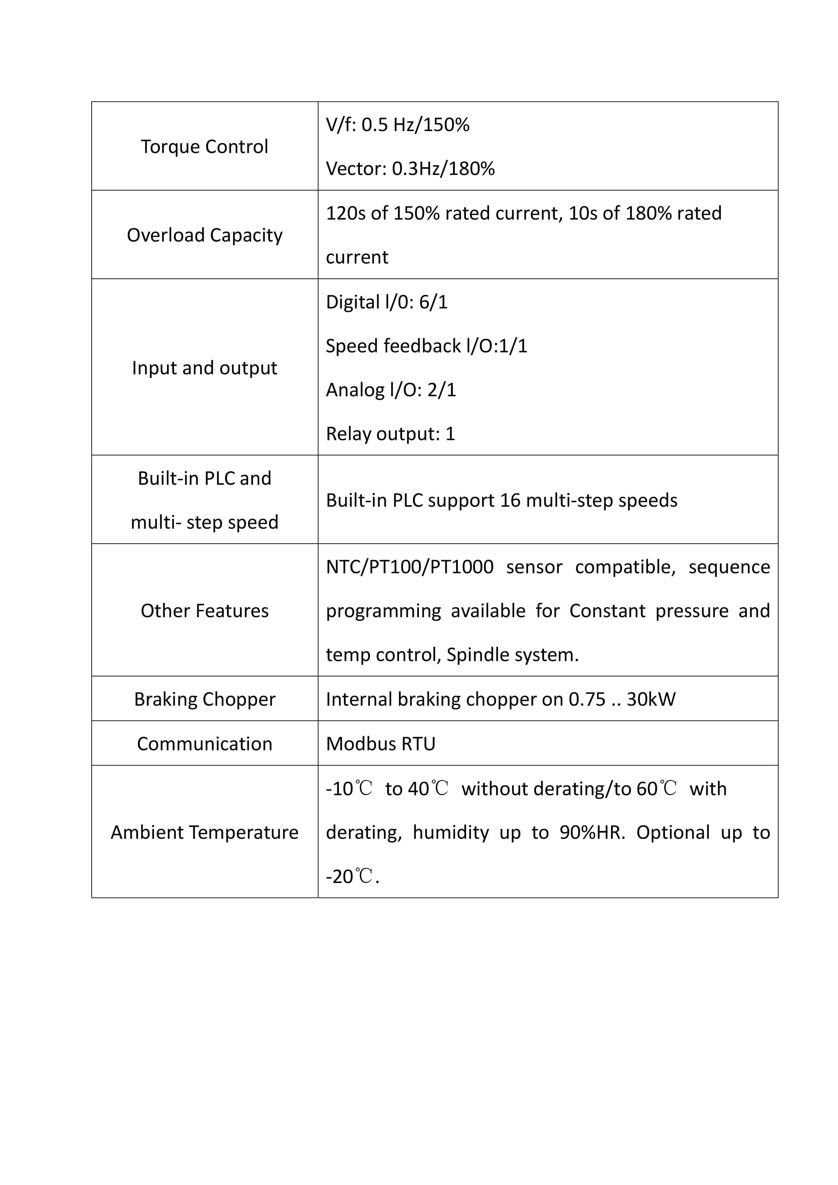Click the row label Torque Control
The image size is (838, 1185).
pyautogui.click(x=204, y=147)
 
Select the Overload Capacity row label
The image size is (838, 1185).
pyautogui.click(x=204, y=235)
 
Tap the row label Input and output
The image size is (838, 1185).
pyautogui.click(x=204, y=368)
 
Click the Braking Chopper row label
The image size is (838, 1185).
pyautogui.click(x=204, y=699)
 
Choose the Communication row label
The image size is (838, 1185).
pyautogui.click(x=204, y=744)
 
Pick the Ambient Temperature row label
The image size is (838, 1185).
pyautogui.click(x=204, y=832)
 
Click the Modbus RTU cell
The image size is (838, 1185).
pyautogui.click(x=380, y=744)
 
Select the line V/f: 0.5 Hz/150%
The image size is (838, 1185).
pyautogui.click(x=398, y=125)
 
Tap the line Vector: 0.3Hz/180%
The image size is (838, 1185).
pyautogui.click(x=410, y=169)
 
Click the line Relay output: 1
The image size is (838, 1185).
pyautogui.click(x=390, y=434)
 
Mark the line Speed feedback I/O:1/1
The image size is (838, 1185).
pyautogui.click(x=426, y=346)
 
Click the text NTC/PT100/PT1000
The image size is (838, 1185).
pyautogui.click(x=410, y=567)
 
